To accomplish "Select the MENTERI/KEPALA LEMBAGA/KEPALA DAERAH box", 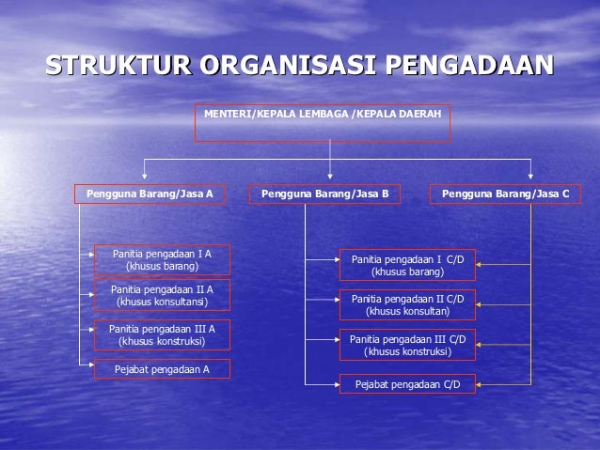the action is coord(323,123).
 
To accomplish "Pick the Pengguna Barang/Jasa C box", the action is coord(505,194).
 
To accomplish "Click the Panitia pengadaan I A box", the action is coord(162,260).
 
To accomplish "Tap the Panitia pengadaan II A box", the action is coord(162,296).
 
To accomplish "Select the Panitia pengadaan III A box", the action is coord(162,334).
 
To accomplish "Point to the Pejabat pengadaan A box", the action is coord(162,369).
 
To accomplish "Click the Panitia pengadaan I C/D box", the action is coord(407,265).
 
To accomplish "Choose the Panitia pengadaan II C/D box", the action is coord(407,304).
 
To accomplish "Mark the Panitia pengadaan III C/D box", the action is coord(407,345).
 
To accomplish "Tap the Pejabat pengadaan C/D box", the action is coord(407,383).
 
